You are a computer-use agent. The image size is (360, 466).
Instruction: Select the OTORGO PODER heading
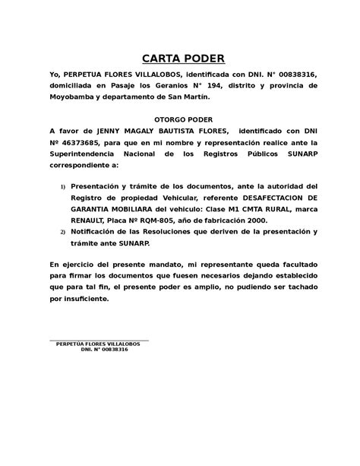point(180,119)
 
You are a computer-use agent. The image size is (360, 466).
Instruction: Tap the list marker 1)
point(63,185)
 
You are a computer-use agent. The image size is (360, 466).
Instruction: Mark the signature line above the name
point(98,340)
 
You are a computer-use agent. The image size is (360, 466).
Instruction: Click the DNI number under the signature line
point(109,350)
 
